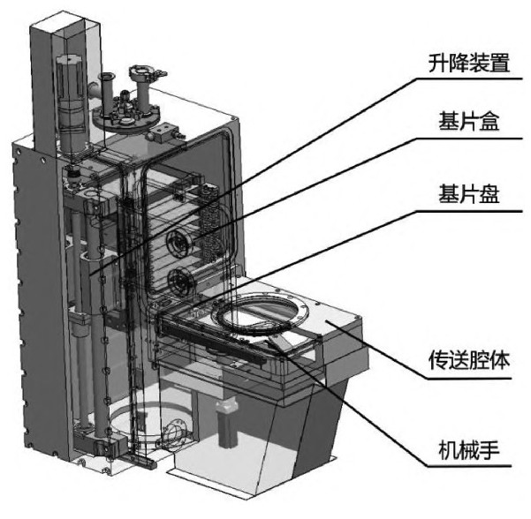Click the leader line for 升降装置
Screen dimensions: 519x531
pos(265,168)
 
